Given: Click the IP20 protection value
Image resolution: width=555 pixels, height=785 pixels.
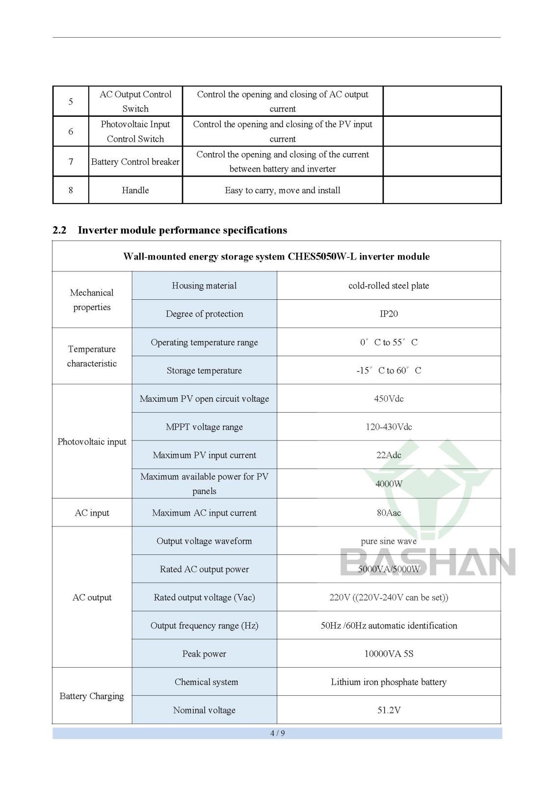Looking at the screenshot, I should pos(389,314).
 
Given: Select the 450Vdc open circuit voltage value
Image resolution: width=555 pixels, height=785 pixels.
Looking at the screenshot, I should pos(389,399).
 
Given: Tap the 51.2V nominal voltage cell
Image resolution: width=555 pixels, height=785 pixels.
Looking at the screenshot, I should pos(389,710).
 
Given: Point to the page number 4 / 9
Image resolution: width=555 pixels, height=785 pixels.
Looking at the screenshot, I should pos(277,733).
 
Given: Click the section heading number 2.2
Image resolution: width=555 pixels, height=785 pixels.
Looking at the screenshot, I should pos(59,231).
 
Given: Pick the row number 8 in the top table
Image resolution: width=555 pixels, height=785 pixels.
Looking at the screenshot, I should pos(71,190).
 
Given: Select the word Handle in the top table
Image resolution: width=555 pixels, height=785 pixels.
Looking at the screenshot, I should pos(135,190).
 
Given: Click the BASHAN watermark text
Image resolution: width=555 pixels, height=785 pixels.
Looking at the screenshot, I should pos(428,562).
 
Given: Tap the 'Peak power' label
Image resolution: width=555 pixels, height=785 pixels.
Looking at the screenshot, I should pos(204,654).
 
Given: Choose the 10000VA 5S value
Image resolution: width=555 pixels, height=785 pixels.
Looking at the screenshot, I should pos(389,654).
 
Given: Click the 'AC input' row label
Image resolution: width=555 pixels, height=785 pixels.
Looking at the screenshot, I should pos(92,513).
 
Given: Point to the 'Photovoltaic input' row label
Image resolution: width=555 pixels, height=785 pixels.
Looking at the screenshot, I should pos(92,442).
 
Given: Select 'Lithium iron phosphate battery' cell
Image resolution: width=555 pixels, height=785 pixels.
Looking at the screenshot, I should pos(389,682).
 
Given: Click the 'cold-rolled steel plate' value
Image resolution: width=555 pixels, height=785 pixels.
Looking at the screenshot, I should pos(389,286).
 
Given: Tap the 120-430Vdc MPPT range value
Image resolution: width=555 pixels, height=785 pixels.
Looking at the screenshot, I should pos(389,427).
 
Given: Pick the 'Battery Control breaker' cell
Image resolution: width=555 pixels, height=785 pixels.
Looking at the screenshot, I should pos(135,162).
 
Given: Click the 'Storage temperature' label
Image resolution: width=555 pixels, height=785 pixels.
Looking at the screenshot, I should pos(204,371).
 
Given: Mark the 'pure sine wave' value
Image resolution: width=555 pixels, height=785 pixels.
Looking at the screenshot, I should pos(389,542).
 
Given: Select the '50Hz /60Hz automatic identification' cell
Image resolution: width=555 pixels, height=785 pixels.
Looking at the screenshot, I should pos(389,626).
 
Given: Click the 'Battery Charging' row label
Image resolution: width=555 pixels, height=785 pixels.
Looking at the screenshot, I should pos(92,696).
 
